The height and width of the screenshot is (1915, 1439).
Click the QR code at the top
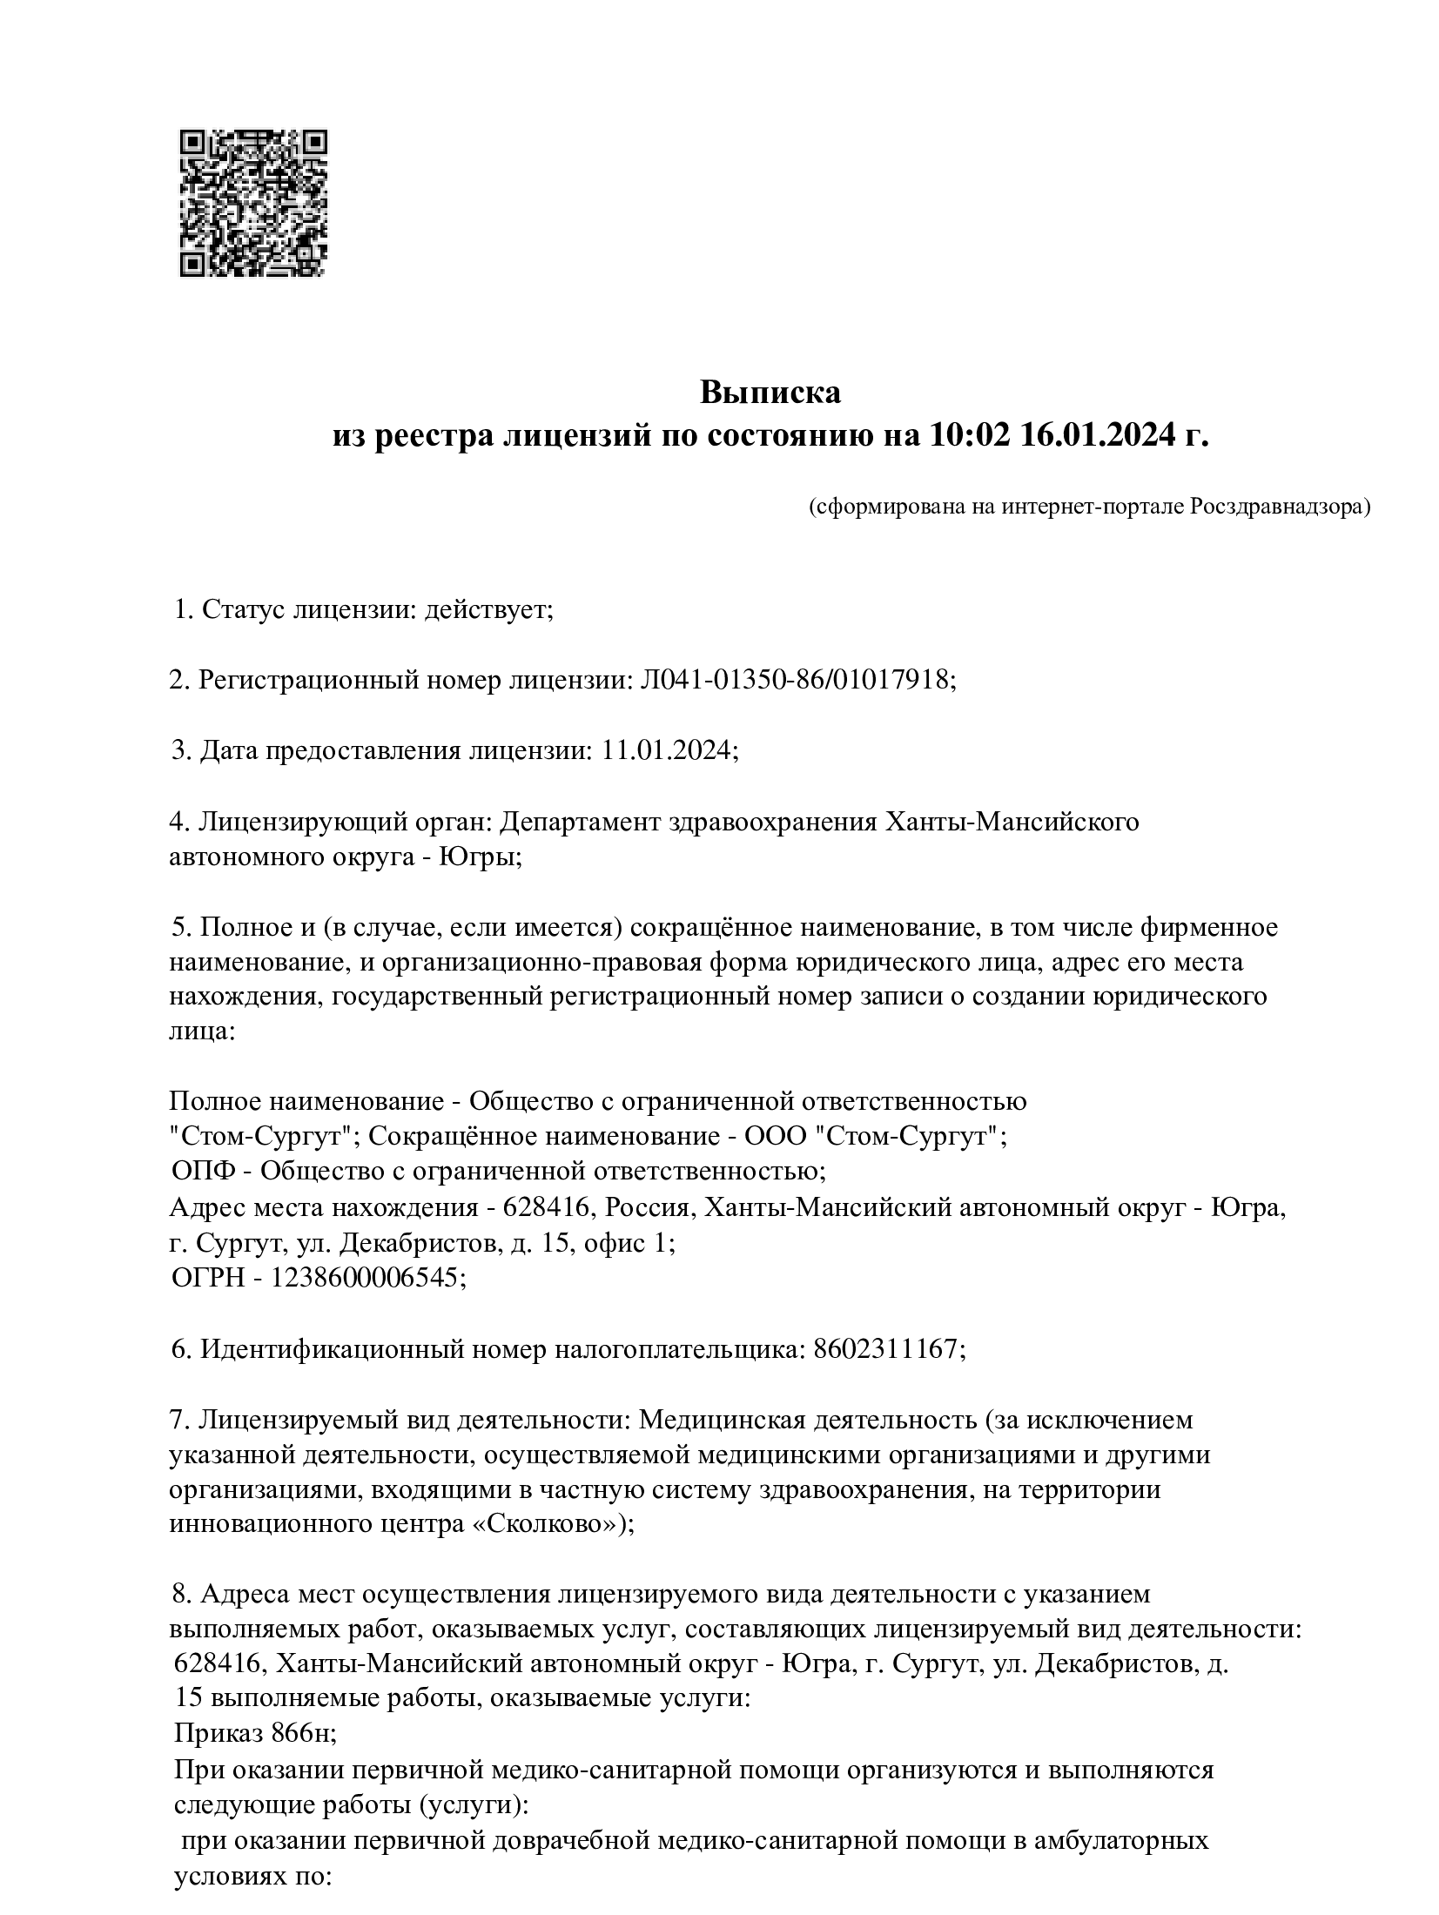point(253,204)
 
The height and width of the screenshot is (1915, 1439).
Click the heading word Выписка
point(770,393)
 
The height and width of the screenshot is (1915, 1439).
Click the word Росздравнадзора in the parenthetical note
point(1278,507)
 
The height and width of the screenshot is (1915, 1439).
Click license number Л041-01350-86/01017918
point(797,679)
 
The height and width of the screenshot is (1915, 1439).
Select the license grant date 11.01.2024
point(669,749)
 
